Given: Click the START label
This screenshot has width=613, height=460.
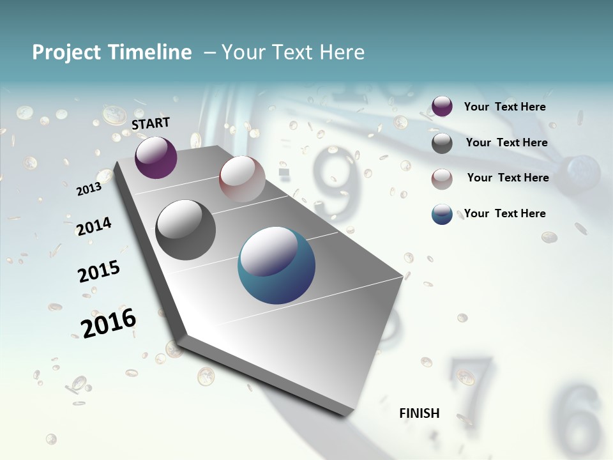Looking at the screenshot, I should tap(151, 123).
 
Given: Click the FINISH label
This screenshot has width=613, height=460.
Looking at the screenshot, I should tap(420, 413).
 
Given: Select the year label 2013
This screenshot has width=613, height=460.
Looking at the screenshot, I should tap(89, 189).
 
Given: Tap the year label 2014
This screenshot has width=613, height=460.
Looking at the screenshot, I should tap(94, 226).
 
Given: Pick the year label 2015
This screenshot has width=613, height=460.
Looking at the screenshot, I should tap(99, 272).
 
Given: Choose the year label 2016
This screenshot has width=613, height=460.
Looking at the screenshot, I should tap(109, 323).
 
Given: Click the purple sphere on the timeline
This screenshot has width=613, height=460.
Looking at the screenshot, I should tap(156, 157).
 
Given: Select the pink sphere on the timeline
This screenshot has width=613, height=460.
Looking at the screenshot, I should tap(242, 179).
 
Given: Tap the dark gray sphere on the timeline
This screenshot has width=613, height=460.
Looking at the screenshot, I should tap(186, 230).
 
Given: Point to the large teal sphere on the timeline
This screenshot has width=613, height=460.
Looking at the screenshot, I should tap(276, 265).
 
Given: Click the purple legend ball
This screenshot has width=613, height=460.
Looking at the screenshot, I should tap(442, 107).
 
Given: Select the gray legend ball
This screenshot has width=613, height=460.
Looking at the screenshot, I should tap(442, 142).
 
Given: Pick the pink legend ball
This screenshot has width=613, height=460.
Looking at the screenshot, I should tap(442, 178).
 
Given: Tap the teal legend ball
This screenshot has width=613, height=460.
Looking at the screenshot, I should tap(442, 214).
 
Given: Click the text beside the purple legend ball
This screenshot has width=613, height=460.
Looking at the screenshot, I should tap(504, 107).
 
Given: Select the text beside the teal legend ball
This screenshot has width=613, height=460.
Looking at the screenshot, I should tap(504, 213).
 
